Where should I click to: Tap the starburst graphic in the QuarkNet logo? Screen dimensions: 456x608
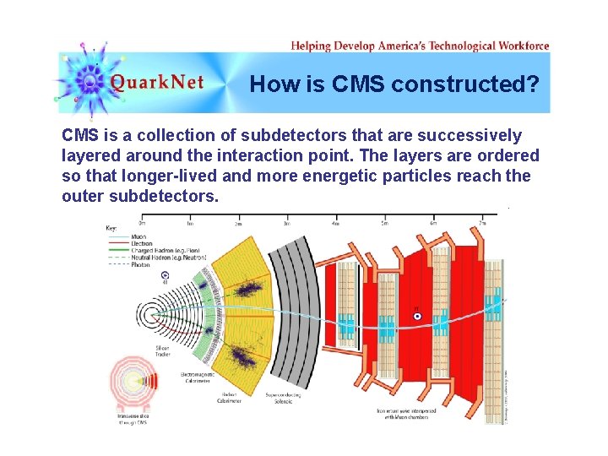click(88, 79)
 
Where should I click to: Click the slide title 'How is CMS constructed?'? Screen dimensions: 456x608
click(394, 84)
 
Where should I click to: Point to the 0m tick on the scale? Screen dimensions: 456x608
click(141, 223)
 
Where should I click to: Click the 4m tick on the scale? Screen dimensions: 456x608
click(335, 223)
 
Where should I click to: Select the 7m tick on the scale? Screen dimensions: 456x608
click(482, 223)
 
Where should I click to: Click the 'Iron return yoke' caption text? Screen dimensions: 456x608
click(406, 414)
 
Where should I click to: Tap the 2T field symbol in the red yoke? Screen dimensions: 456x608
click(416, 316)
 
